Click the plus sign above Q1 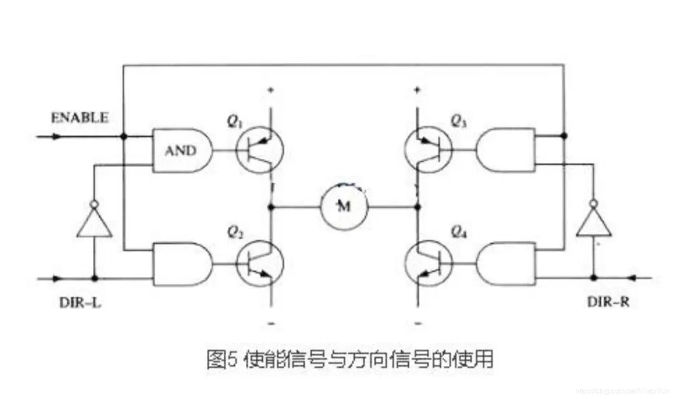pos(271,90)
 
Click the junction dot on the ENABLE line pos(124,136)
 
